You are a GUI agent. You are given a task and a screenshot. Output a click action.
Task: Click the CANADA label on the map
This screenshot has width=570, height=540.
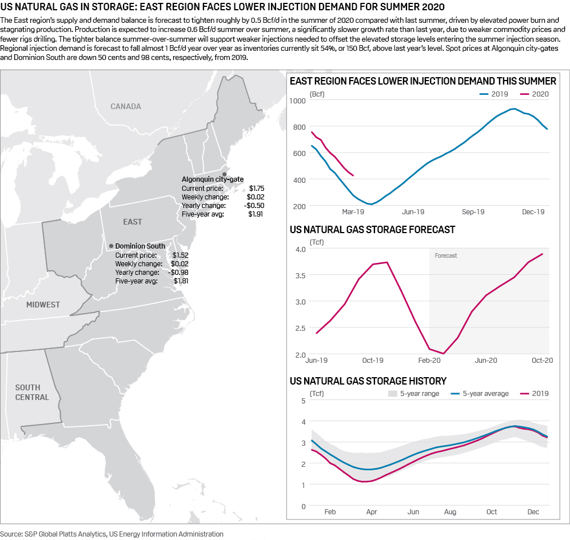pyautogui.click(x=126, y=106)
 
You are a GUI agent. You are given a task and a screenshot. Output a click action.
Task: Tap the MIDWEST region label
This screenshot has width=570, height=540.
pyautogui.click(x=43, y=305)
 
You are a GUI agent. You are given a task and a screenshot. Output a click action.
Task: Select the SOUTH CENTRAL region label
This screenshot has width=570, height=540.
pyautogui.click(x=32, y=393)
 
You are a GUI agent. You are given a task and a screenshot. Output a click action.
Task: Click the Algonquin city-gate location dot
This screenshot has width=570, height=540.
pyautogui.click(x=225, y=174)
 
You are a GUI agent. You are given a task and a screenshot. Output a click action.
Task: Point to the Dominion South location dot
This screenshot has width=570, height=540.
pyautogui.click(x=111, y=246)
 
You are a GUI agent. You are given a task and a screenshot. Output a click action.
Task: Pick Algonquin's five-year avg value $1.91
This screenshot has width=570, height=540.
pyautogui.click(x=256, y=214)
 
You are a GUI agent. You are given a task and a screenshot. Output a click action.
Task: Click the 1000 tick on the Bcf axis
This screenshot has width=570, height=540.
pyautogui.click(x=298, y=101)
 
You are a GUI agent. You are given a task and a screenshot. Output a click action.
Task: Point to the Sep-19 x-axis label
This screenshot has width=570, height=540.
pyautogui.click(x=473, y=211)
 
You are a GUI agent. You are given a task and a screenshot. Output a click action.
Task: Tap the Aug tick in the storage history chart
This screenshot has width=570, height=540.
pyautogui.click(x=451, y=511)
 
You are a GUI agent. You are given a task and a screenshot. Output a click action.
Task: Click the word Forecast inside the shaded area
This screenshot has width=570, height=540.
pyautogui.click(x=446, y=255)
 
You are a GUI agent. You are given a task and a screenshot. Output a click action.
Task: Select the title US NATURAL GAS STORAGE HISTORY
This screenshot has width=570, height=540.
pyautogui.click(x=368, y=381)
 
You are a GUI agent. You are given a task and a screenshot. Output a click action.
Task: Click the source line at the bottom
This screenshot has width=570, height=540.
pyautogui.click(x=111, y=534)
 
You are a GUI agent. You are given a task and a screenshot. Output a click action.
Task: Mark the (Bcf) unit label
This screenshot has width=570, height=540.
pyautogui.click(x=317, y=94)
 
